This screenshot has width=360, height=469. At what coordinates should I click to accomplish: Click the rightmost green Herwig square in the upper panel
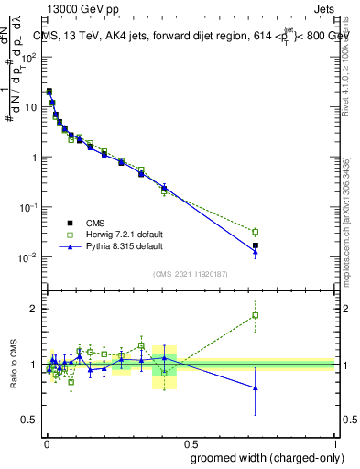256,232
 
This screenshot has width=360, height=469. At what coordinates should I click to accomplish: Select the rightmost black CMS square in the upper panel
256,245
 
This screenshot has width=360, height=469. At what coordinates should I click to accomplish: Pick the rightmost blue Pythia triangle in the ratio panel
256,388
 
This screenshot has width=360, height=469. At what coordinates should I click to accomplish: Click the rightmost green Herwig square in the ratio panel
256,316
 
